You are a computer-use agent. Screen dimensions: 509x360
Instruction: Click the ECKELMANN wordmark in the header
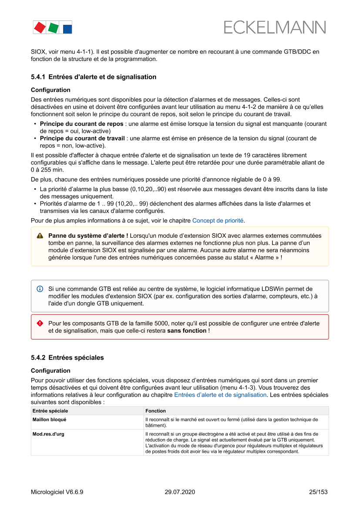point(275,27)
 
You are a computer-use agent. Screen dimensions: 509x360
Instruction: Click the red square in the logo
point(40,27)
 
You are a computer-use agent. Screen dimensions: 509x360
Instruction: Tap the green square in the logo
point(53,28)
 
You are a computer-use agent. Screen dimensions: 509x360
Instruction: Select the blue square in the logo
point(67,29)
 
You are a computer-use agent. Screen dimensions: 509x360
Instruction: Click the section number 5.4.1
point(38,77)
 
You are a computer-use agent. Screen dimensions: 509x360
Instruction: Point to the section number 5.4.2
point(38,358)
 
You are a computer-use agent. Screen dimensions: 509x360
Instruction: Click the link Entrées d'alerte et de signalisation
point(220,395)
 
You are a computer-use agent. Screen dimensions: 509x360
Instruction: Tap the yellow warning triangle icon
point(40,236)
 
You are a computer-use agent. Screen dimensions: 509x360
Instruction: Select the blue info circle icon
point(40,289)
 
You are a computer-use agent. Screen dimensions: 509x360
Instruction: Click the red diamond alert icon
point(40,324)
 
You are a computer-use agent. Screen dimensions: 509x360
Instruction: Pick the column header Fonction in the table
point(155,411)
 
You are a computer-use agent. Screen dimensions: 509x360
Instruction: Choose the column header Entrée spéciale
point(50,411)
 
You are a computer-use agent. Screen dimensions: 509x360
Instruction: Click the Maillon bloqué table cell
point(49,420)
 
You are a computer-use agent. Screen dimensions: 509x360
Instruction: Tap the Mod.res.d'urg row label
point(48,434)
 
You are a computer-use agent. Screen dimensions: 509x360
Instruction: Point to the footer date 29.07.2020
point(180,492)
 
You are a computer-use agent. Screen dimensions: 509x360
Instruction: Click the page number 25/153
point(318,492)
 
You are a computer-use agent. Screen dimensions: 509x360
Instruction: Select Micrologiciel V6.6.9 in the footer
point(57,492)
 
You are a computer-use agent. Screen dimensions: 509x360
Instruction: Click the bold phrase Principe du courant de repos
point(81,124)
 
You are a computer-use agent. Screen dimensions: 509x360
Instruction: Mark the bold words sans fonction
point(187,331)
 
